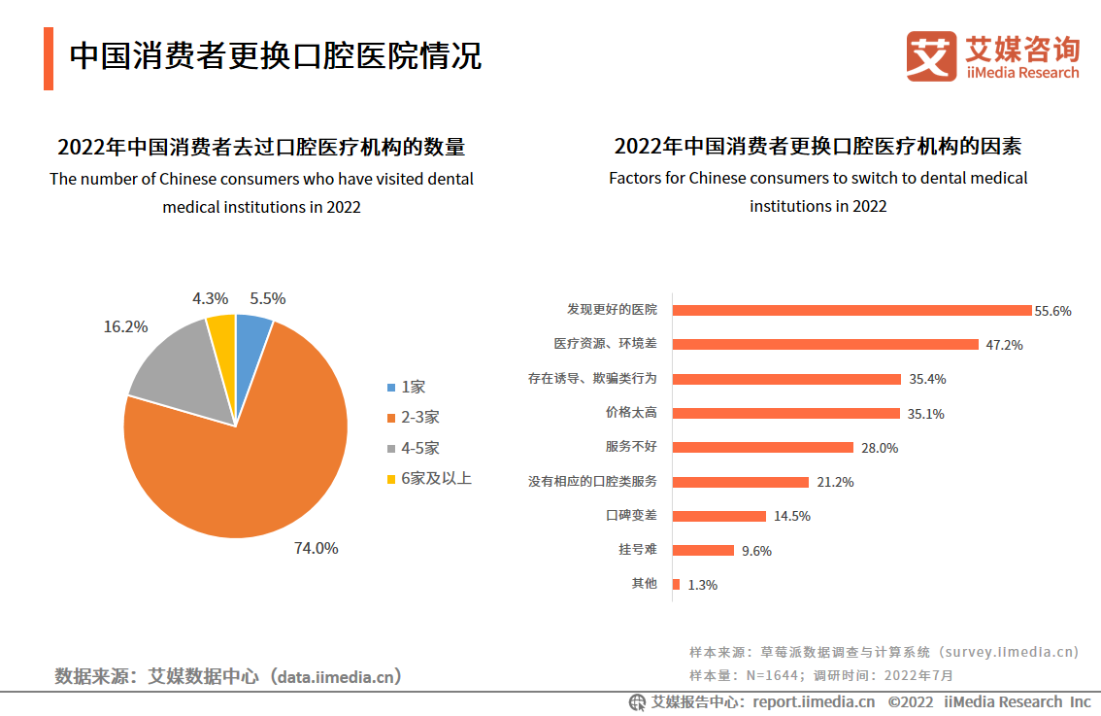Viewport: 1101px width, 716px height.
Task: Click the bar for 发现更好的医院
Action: [x=851, y=311]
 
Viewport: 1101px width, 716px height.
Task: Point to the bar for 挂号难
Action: [x=703, y=550]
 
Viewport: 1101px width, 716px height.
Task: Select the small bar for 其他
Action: [x=676, y=584]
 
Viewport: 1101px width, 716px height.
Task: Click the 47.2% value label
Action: [x=1003, y=345]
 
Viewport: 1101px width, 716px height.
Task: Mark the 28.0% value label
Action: [x=879, y=448]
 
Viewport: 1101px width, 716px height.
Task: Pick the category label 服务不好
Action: [x=631, y=447]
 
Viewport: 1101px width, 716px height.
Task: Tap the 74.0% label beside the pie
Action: [x=317, y=548]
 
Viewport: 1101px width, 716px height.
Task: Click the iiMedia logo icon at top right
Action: [x=931, y=56]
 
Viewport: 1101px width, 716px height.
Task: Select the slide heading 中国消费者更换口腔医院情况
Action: [x=276, y=55]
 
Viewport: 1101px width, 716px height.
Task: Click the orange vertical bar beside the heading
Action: [x=49, y=59]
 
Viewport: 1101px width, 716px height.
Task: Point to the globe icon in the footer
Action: [x=637, y=701]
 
